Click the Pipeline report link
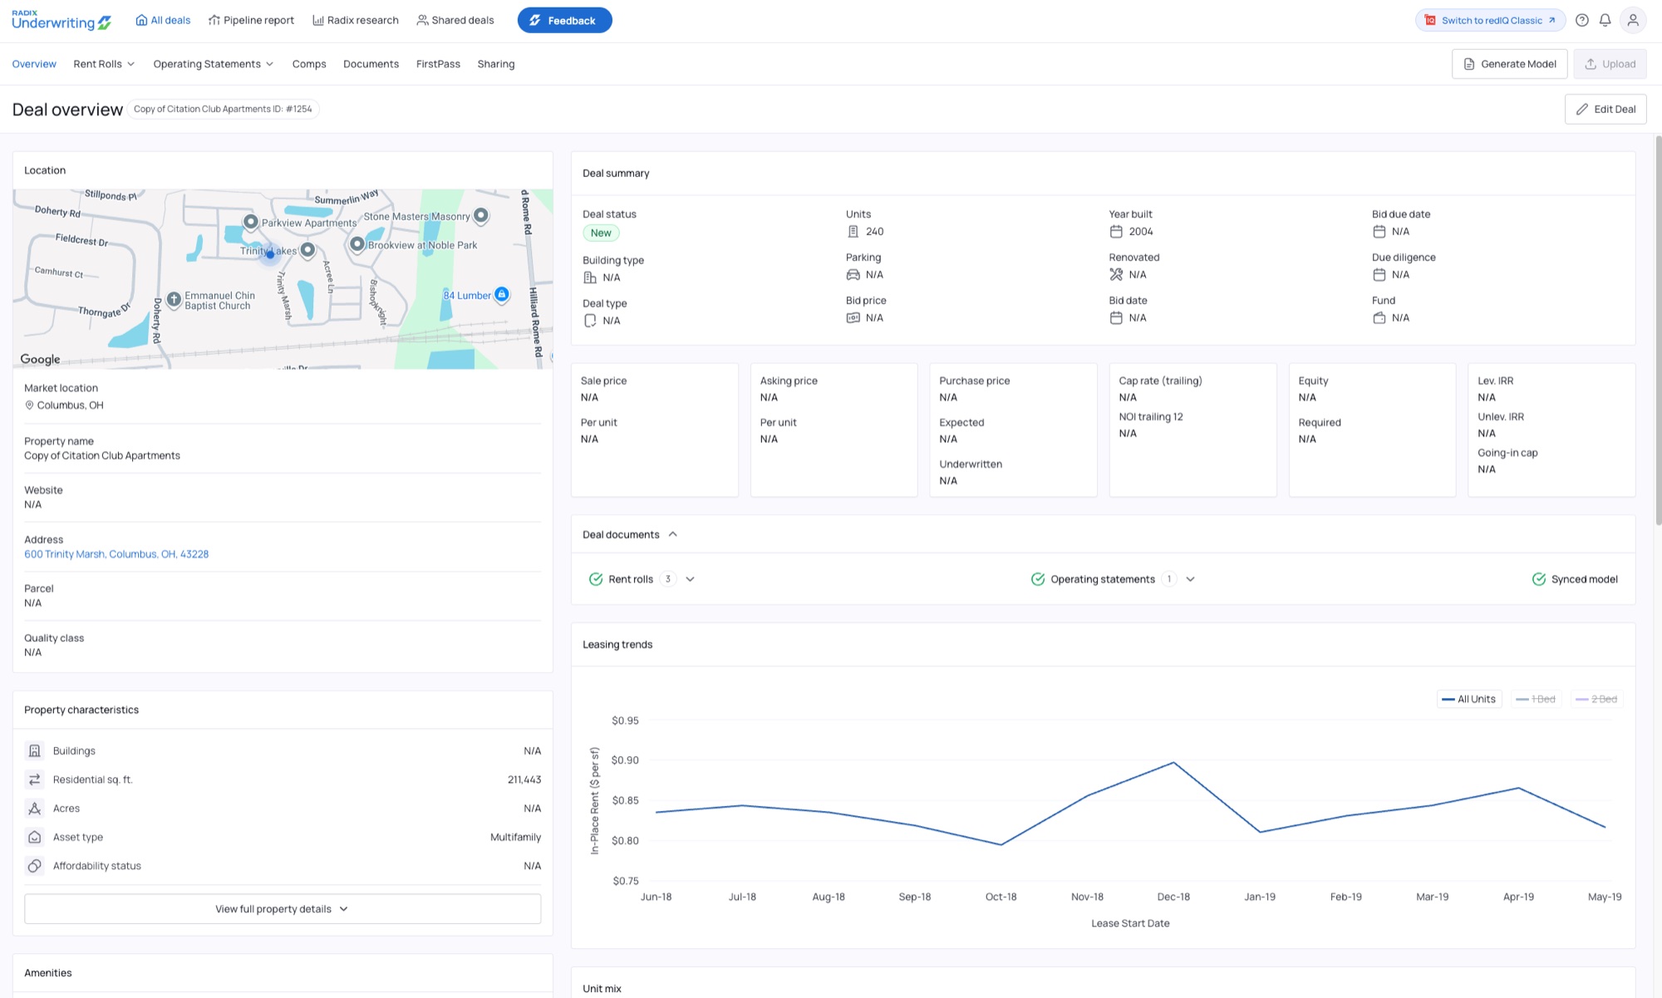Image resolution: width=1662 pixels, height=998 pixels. click(x=251, y=20)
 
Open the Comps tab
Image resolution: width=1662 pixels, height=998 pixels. click(x=309, y=64)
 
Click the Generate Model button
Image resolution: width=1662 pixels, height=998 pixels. click(x=1509, y=64)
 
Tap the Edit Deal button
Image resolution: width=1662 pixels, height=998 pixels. click(x=1605, y=109)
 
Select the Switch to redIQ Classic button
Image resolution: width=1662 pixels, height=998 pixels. click(x=1491, y=20)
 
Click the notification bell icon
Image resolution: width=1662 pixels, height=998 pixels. click(x=1605, y=20)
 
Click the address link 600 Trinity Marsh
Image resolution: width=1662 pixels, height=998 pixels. click(x=116, y=554)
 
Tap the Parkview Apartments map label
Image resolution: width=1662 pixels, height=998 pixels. click(x=309, y=223)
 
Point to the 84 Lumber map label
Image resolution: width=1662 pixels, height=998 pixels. click(x=467, y=295)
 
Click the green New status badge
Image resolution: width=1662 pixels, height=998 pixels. click(x=601, y=233)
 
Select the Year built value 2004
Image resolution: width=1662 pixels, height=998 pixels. click(x=1141, y=232)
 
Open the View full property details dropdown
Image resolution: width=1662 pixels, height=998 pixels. click(x=283, y=909)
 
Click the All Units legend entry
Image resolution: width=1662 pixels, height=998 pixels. click(x=1469, y=699)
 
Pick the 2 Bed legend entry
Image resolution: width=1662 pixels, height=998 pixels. click(x=1596, y=699)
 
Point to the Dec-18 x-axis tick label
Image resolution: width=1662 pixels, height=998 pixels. click(x=1173, y=897)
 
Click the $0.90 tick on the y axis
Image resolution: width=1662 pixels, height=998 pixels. click(x=625, y=760)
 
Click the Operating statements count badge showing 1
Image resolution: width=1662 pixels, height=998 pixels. click(x=1169, y=579)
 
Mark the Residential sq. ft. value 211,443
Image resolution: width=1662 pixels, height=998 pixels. click(x=524, y=779)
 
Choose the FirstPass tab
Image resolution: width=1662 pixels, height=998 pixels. click(x=438, y=64)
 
